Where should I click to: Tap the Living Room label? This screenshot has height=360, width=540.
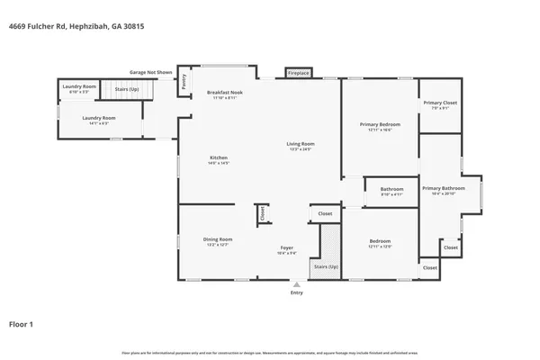tap(300, 144)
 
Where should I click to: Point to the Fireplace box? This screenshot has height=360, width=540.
tap(298, 72)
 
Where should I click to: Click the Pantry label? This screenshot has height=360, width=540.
tap(184, 82)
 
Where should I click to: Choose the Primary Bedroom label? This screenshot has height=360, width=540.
tap(380, 123)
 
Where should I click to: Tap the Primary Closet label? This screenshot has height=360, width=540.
tap(440, 103)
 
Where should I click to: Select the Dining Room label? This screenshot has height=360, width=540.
tap(219, 238)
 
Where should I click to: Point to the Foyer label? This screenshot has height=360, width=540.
tap(286, 248)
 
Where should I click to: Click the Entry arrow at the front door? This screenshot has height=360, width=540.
tap(296, 283)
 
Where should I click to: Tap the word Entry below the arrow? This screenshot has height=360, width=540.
tap(296, 292)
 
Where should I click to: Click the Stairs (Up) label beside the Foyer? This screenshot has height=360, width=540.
tap(326, 267)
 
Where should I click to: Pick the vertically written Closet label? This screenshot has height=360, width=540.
tap(262, 214)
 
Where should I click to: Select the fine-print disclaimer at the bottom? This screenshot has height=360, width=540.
tap(269, 352)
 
